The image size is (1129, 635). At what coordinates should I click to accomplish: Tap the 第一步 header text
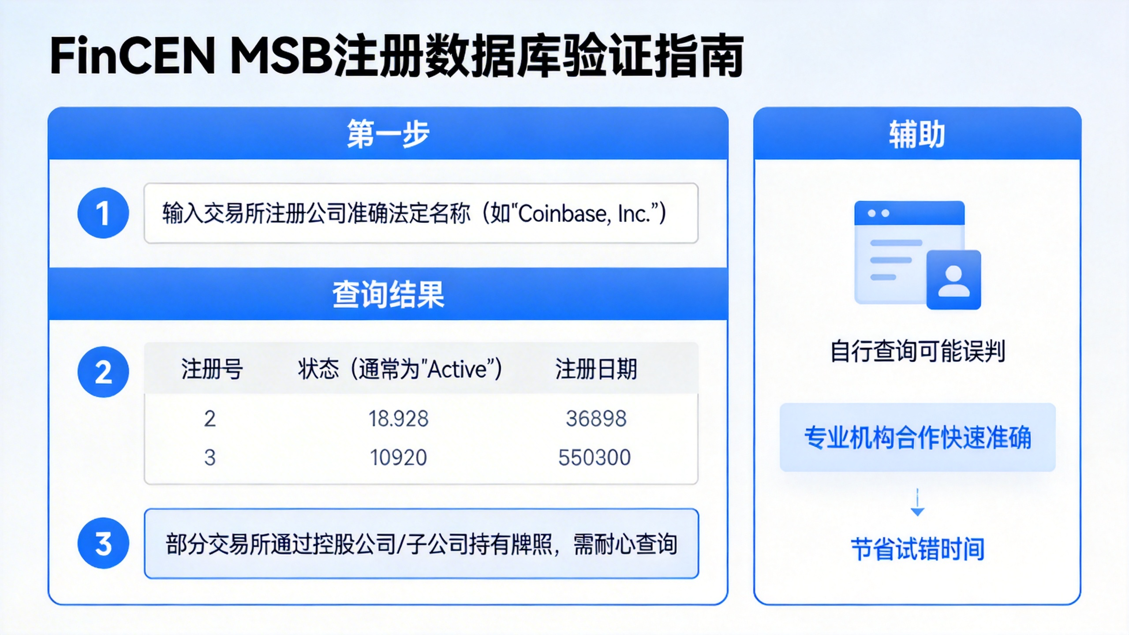click(388, 134)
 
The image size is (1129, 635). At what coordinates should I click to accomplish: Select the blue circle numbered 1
click(103, 213)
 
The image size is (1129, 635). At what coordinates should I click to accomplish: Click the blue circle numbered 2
click(103, 372)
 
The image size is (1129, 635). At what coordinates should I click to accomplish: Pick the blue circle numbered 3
click(103, 543)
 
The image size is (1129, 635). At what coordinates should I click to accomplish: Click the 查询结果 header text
click(388, 294)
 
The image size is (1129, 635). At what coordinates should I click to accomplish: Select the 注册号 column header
click(212, 369)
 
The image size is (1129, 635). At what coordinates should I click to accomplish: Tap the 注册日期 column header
click(596, 369)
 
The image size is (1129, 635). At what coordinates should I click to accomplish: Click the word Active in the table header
click(459, 369)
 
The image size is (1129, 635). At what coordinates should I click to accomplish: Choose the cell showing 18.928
click(398, 418)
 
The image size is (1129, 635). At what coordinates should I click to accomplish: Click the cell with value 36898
click(596, 418)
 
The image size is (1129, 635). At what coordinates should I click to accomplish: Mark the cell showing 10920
click(398, 457)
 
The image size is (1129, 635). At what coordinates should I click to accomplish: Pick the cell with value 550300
click(594, 457)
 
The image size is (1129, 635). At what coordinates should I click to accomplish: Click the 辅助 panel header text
click(917, 134)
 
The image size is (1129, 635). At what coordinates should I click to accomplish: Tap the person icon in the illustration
click(953, 280)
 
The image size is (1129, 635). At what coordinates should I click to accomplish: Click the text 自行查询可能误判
click(917, 351)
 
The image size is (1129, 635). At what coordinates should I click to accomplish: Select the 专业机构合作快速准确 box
click(917, 437)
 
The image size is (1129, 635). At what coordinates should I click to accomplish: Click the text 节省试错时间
click(917, 549)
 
